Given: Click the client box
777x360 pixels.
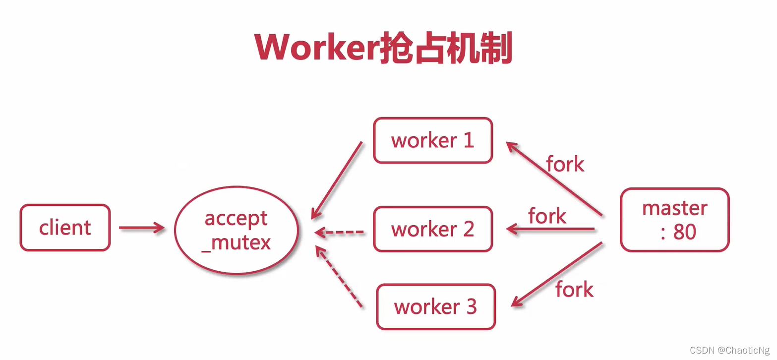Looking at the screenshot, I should (x=65, y=228).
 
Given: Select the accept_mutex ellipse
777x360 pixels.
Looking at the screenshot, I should (x=236, y=230).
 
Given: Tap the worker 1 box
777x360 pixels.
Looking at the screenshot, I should (x=433, y=140).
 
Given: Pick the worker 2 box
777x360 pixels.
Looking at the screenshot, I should (x=433, y=229).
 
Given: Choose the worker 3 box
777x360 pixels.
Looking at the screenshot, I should (x=436, y=306).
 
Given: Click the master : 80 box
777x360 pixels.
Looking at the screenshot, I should (x=674, y=220).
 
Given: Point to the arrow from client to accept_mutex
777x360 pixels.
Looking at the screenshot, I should (x=142, y=228).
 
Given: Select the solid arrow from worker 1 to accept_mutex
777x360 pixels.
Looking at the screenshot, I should (x=337, y=180).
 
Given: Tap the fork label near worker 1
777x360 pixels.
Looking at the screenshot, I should (x=565, y=164).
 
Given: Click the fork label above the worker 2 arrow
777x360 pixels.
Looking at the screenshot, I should (x=547, y=216).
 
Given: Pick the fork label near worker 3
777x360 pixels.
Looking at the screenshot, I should (x=574, y=289).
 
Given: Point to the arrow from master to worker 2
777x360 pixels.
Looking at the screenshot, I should (x=550, y=229).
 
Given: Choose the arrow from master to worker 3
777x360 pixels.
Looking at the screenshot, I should (x=556, y=274).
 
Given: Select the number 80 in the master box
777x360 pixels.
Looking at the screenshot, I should (x=685, y=232).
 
